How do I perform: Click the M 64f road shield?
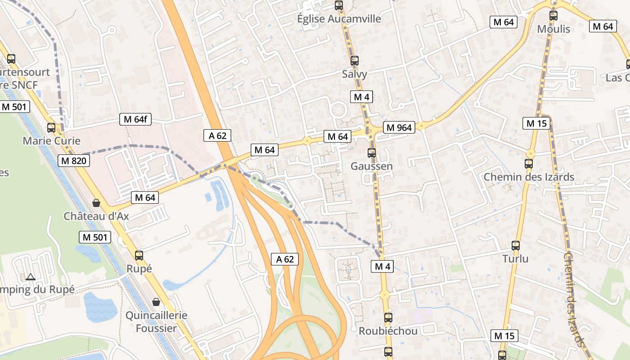[x=135, y=119]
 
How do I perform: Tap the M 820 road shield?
[x=74, y=161]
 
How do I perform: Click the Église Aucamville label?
[x=339, y=19]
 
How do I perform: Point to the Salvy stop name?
[x=355, y=74]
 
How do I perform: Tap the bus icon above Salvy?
[x=355, y=61]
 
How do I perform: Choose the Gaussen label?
[x=372, y=166]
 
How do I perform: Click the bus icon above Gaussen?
[x=372, y=153]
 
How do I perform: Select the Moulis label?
[x=553, y=29]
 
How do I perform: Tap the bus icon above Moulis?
[x=553, y=16]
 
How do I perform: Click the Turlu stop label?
[x=516, y=259]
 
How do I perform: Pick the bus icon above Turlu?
[x=516, y=246]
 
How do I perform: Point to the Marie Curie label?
[x=51, y=141]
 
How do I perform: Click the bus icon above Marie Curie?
[x=51, y=128]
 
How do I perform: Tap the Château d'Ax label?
[x=96, y=216]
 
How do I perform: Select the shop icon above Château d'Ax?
[x=96, y=203]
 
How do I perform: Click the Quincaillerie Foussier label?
[x=157, y=321]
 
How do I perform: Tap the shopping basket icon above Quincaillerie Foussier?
[x=156, y=302]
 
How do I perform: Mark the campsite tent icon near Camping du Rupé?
[x=31, y=277]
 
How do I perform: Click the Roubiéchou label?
[x=388, y=331]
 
